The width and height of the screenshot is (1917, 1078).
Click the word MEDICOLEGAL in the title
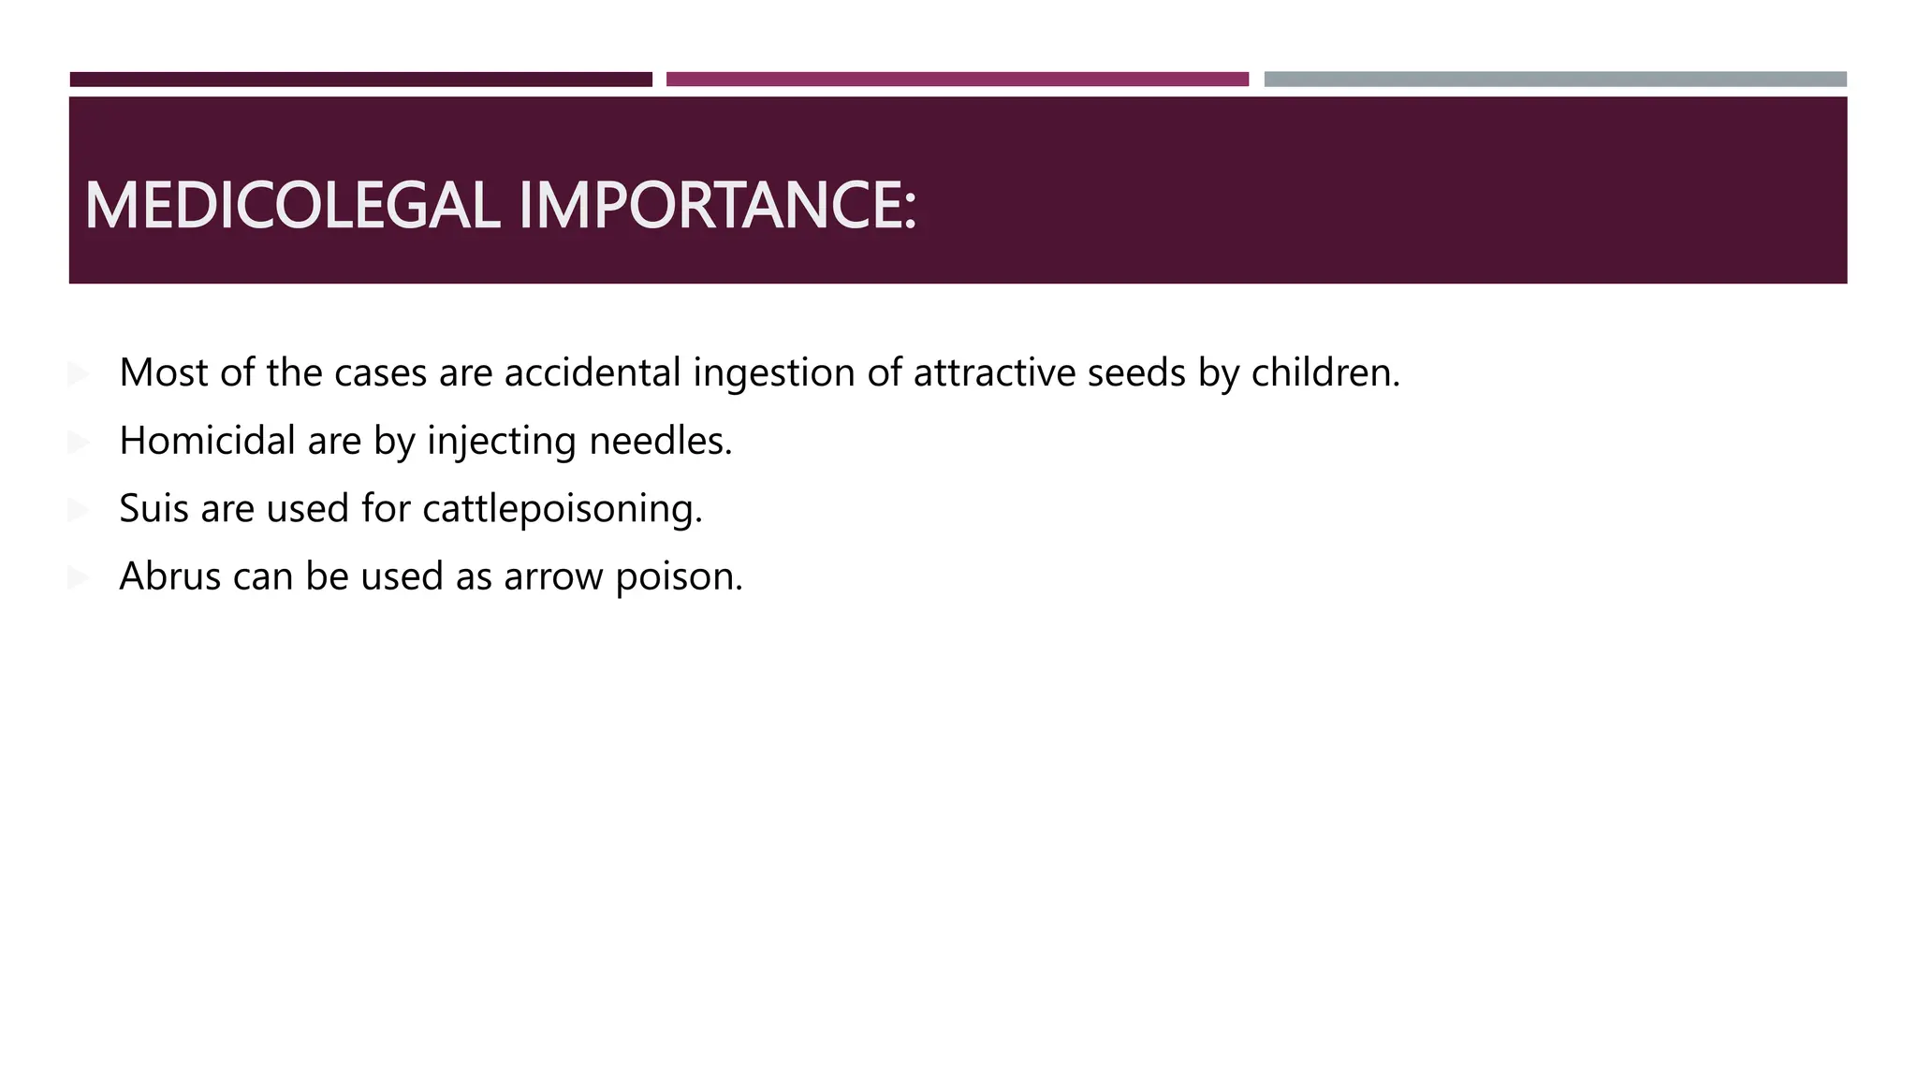coord(292,206)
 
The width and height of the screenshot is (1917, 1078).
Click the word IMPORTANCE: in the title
coord(717,206)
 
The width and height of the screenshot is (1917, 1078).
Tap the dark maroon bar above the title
coord(360,80)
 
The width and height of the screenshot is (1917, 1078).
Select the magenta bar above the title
coord(957,80)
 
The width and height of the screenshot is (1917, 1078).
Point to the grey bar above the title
coord(1555,80)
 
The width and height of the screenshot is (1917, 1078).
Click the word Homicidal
coord(207,441)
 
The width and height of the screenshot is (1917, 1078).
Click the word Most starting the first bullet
coord(164,372)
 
